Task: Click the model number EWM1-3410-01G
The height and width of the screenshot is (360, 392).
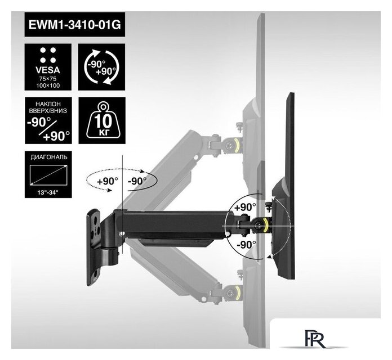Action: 75,25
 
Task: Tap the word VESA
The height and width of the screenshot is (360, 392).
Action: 48,70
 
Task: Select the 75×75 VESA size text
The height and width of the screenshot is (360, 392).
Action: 48,79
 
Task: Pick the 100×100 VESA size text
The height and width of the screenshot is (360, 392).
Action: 48,85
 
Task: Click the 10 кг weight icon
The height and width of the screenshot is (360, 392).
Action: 103,120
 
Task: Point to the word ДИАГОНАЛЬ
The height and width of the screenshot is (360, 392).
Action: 49,157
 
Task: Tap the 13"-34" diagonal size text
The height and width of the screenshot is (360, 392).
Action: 48,192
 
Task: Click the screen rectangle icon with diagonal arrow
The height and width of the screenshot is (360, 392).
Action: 48,175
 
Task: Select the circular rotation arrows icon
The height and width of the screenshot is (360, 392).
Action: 101,67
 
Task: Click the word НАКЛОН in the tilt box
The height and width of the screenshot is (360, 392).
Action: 48,104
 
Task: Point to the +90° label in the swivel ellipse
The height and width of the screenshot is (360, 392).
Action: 107,181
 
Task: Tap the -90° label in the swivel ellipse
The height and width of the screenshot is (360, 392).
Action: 137,181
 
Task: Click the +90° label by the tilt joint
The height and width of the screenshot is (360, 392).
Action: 245,207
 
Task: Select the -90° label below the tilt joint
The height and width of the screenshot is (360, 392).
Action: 246,245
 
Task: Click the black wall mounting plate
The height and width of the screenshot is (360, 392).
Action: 93,247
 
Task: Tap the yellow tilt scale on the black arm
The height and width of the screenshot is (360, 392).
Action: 266,224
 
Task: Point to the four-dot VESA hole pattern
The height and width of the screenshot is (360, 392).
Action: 48,55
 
